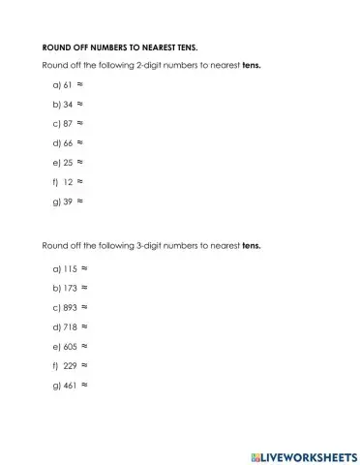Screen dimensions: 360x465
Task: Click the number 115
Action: [x=70, y=268]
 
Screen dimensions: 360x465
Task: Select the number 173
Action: [x=70, y=288]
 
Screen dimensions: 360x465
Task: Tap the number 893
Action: [x=70, y=307]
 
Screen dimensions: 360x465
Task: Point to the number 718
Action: [x=70, y=326]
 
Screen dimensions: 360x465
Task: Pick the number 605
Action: [x=70, y=346]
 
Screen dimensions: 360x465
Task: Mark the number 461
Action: [x=70, y=385]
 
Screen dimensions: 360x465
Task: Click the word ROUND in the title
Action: [x=54, y=47]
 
